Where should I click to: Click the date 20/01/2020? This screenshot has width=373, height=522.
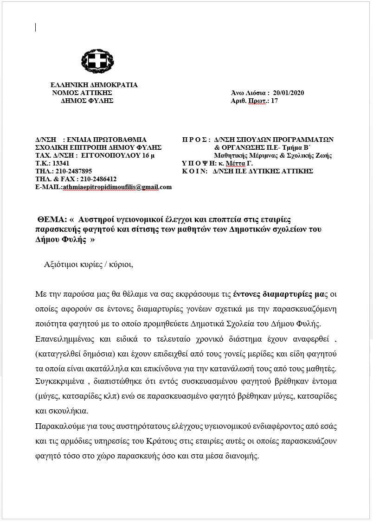click(289, 93)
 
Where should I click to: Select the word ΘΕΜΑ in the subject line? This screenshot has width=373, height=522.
click(52, 219)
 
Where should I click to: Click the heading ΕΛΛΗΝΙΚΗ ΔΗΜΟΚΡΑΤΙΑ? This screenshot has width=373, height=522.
click(94, 85)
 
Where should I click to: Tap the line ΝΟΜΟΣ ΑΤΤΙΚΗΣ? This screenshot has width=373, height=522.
click(83, 93)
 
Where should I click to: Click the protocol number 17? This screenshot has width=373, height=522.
click(275, 101)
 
